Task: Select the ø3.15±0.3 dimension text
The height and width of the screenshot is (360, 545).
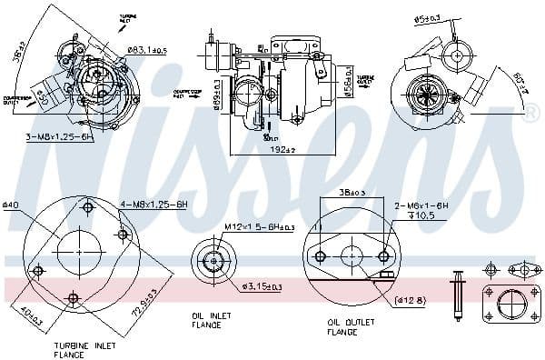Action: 262,286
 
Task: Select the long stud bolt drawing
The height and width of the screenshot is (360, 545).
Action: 458,291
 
